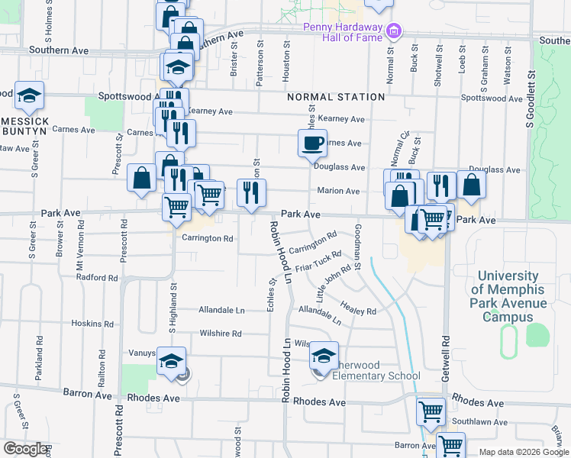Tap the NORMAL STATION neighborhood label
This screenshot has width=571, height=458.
coord(336,97)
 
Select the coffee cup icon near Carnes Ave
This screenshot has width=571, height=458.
coord(311,143)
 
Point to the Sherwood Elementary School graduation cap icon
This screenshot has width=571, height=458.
coord(324,356)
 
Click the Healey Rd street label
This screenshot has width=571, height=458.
coord(359,307)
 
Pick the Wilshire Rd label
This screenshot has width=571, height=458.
coord(220,334)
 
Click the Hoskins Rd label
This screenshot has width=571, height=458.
coord(92,323)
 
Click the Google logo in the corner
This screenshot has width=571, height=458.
coord(25,450)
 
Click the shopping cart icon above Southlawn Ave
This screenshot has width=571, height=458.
coord(431,411)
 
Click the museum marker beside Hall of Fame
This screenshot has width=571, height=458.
coord(394,31)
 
